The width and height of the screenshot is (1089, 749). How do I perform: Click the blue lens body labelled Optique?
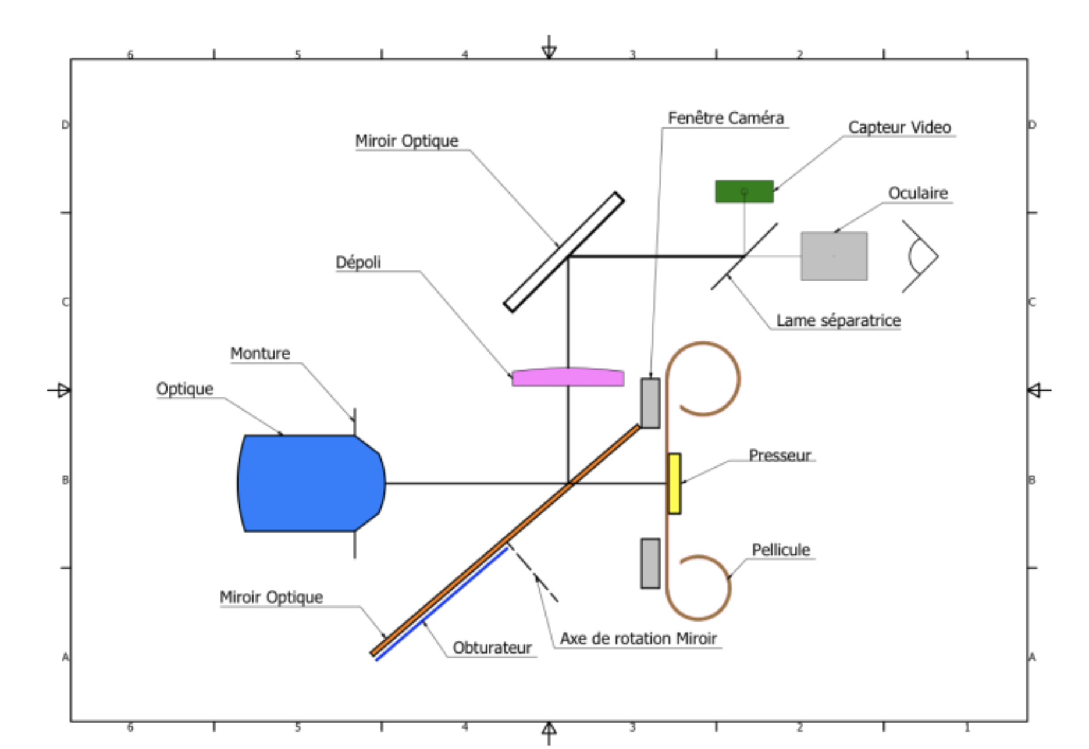311,483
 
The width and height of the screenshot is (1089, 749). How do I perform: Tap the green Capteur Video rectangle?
744,191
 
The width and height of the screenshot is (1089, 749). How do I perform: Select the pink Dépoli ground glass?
568,377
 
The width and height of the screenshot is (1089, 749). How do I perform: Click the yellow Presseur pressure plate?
674,483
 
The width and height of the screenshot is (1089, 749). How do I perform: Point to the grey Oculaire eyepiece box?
834,256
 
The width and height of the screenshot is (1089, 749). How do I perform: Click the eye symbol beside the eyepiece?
922,256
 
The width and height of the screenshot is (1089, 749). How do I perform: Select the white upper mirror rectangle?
564,252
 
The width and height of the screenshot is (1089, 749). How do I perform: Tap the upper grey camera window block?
650,403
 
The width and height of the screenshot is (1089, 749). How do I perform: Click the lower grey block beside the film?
650,563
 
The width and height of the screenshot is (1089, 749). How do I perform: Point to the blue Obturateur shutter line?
442,604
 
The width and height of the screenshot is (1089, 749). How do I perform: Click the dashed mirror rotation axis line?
532,572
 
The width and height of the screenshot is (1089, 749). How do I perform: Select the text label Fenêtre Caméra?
725,118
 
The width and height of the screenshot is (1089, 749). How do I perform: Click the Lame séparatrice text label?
838,320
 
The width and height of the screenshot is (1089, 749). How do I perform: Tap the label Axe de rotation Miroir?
638,639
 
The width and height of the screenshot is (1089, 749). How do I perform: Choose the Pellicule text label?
781,550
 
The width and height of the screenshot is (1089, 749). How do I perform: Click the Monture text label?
260,353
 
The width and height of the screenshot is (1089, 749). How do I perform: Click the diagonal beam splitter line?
744,256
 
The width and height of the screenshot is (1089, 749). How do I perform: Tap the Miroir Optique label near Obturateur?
271,597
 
